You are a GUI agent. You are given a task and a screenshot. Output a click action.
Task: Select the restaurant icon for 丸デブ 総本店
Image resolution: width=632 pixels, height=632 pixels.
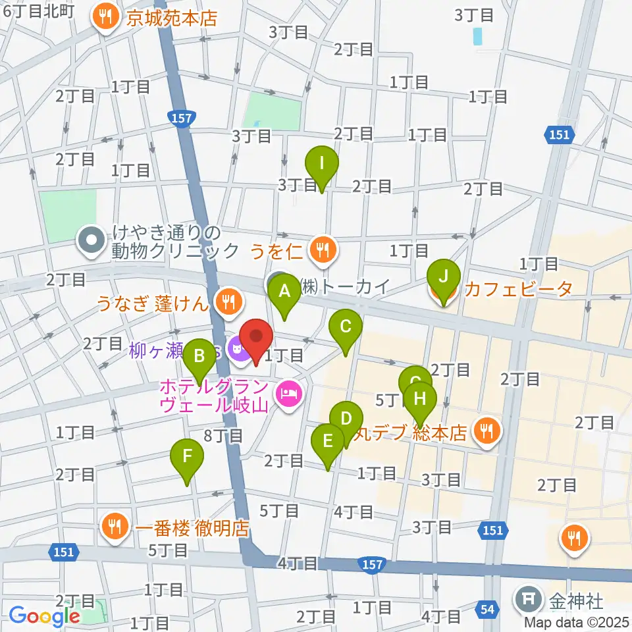[487, 432]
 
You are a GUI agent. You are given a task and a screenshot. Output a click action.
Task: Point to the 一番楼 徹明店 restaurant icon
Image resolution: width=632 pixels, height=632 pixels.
[115, 527]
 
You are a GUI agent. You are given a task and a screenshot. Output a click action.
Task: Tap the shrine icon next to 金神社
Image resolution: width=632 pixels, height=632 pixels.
[528, 600]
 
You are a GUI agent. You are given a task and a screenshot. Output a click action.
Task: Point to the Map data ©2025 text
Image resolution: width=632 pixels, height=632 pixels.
[577, 621]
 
